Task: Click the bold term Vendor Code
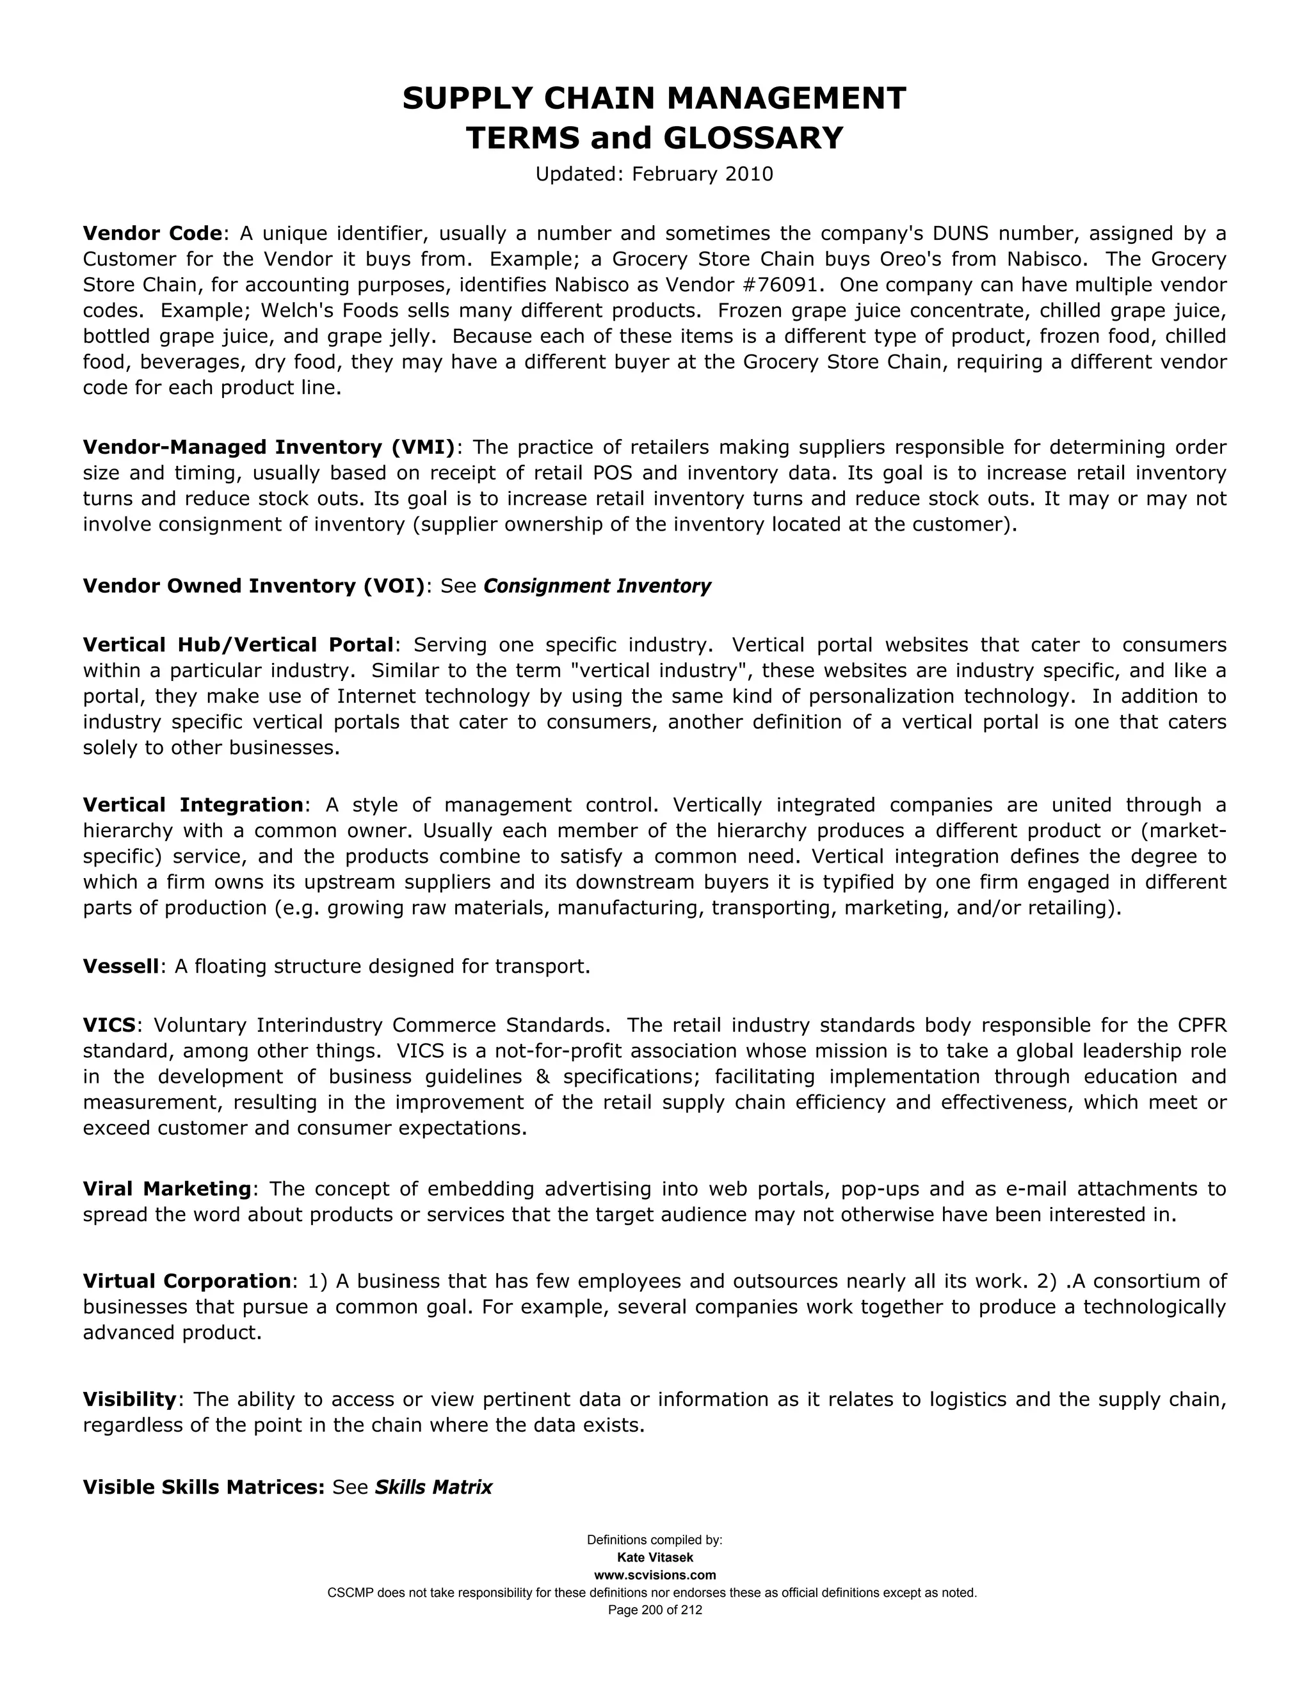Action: pos(153,233)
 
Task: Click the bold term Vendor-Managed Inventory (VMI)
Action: pos(269,447)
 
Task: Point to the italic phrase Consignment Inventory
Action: pos(597,586)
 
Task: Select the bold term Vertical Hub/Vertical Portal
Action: pos(238,644)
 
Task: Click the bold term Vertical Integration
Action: pos(193,804)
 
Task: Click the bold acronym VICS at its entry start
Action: pos(109,1025)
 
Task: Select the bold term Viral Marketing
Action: pos(167,1189)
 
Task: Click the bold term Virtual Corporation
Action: pos(186,1281)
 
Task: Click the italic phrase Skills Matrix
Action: pos(433,1487)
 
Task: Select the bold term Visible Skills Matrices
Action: pos(204,1487)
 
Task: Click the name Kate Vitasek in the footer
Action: pos(655,1558)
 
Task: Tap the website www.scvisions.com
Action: pos(655,1575)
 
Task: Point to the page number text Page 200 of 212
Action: pos(655,1610)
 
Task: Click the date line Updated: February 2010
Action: pos(654,174)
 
